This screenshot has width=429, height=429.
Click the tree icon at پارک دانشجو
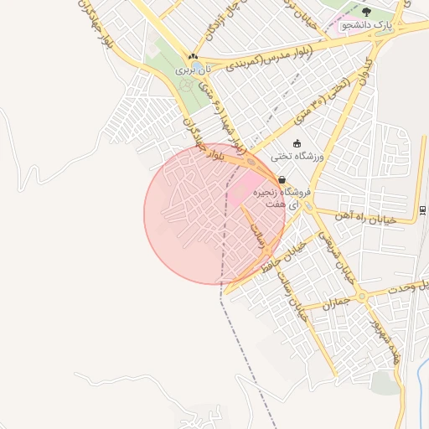[x=366, y=12]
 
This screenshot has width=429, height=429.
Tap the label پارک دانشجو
[x=365, y=25]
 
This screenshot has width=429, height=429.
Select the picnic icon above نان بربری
[x=194, y=56]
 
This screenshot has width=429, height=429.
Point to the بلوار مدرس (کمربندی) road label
[x=268, y=55]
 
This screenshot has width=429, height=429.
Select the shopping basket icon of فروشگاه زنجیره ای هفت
[x=281, y=179]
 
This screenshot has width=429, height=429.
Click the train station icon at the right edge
[x=421, y=209]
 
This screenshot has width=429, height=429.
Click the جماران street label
[x=335, y=307]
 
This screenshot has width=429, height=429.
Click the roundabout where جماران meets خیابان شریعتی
[x=361, y=297]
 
